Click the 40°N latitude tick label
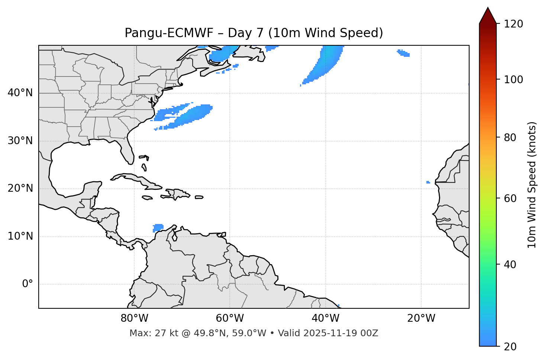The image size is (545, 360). click(20, 93)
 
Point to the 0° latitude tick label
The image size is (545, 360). click(28, 284)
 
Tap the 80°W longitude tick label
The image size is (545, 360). click(134, 318)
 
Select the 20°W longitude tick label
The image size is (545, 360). click(421, 318)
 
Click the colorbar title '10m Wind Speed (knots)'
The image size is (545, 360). click(532, 185)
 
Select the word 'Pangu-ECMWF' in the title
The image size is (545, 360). click(169, 33)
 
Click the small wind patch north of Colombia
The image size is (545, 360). click(158, 227)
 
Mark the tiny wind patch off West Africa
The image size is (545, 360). click(428, 182)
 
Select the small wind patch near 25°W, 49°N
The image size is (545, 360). click(404, 53)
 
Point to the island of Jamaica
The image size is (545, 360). click(147, 198)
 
